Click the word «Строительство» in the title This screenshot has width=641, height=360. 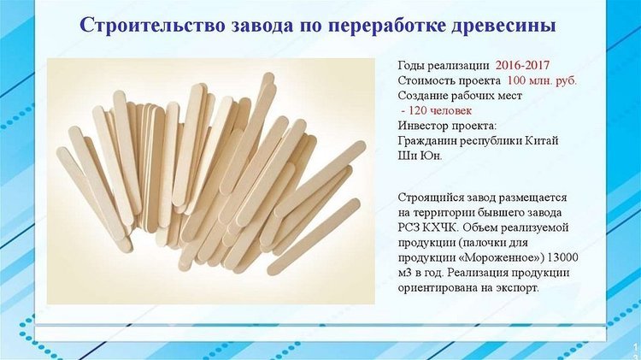click(152, 25)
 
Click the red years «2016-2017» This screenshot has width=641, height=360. click(522, 66)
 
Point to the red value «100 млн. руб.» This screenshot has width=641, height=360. click(542, 80)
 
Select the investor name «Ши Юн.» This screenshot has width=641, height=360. click(420, 156)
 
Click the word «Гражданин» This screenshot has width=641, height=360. click(427, 141)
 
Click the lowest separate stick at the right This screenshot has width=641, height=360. click(314, 237)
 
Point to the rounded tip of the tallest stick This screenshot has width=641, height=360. click(268, 78)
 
